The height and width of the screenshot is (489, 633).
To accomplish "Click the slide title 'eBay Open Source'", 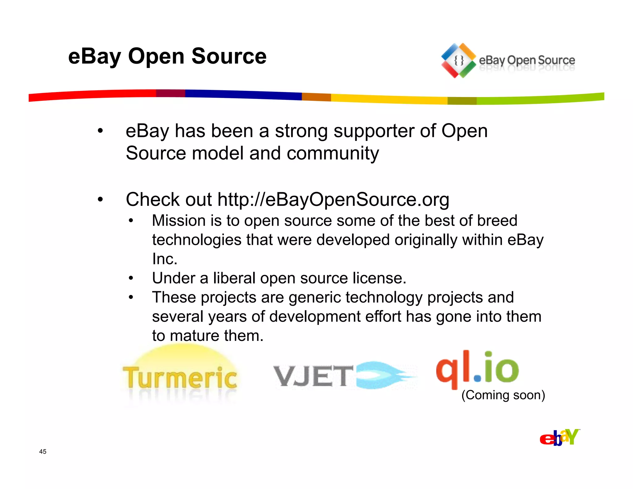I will (167, 57).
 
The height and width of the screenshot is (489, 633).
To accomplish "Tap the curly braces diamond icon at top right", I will (458, 61).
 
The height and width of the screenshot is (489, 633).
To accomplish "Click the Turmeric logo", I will (180, 377).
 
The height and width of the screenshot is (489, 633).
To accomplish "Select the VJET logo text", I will (313, 376).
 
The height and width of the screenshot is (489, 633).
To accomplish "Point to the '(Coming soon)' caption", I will (503, 395).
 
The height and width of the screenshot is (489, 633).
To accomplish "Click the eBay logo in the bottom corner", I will (559, 437).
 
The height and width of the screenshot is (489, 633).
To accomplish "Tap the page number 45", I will (43, 452).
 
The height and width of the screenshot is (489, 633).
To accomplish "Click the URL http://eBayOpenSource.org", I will (333, 199).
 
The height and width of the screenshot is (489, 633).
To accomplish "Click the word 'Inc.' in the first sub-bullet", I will (164, 259).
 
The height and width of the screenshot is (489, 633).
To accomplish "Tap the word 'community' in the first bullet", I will (333, 153).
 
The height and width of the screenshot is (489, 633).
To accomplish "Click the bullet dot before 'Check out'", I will (100, 200).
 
